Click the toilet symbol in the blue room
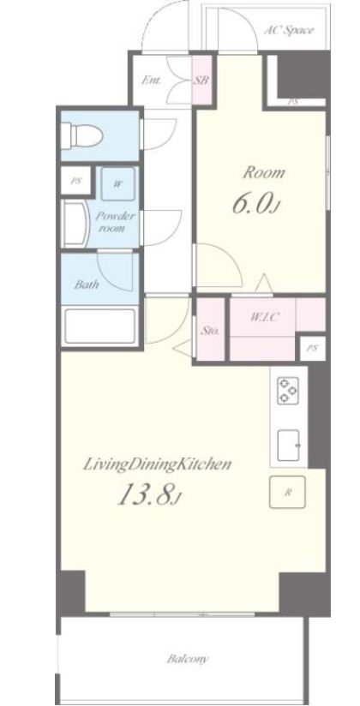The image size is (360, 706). (81, 135)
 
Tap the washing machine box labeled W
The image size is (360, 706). (117, 183)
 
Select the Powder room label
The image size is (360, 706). (115, 222)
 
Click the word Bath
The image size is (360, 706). (87, 284)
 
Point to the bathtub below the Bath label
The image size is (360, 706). (100, 326)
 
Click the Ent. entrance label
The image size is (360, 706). (152, 81)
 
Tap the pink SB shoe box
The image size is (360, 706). (201, 81)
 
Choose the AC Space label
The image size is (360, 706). (288, 31)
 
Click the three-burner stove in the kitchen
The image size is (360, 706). (288, 390)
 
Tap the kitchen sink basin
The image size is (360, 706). (289, 445)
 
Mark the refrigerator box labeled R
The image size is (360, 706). (287, 492)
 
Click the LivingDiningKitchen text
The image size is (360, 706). (157, 465)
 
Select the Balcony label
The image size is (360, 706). (188, 659)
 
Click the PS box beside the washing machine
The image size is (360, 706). (76, 181)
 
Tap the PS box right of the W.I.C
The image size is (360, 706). (312, 348)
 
